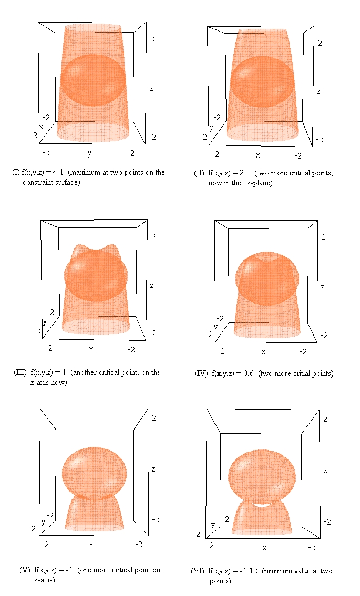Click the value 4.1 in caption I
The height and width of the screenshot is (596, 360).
click(x=58, y=172)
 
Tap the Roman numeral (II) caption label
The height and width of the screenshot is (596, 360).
click(x=199, y=173)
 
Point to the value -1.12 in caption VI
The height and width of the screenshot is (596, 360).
click(x=249, y=571)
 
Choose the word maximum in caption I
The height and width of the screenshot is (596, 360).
click(x=86, y=172)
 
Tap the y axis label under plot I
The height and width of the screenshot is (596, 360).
click(x=89, y=153)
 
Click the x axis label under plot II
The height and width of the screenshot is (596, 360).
click(x=258, y=155)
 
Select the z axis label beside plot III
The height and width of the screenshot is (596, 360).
click(x=152, y=285)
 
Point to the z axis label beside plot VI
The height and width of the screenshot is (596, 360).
click(x=325, y=470)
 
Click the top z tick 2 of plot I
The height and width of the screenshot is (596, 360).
click(x=152, y=39)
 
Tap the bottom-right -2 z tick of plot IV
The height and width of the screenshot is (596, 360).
click(x=323, y=335)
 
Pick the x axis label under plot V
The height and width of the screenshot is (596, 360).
click(x=91, y=545)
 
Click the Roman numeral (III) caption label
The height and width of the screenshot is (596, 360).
click(x=20, y=372)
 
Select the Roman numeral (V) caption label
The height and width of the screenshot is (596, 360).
click(x=25, y=570)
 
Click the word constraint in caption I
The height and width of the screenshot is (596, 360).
click(x=38, y=182)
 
